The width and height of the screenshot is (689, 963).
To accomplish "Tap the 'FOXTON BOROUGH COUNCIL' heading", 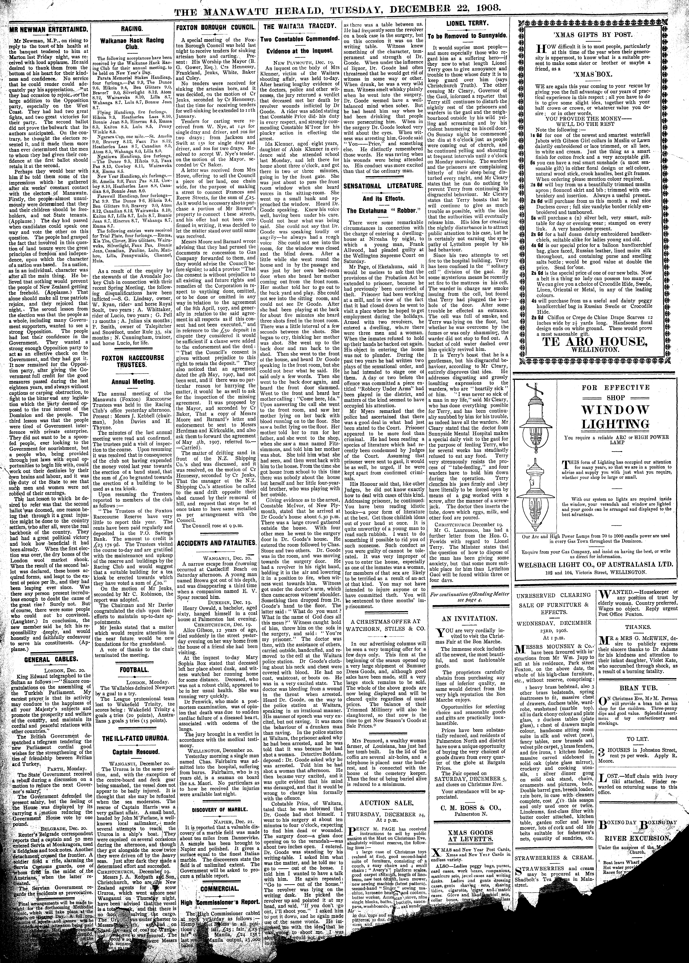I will [216, 27].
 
